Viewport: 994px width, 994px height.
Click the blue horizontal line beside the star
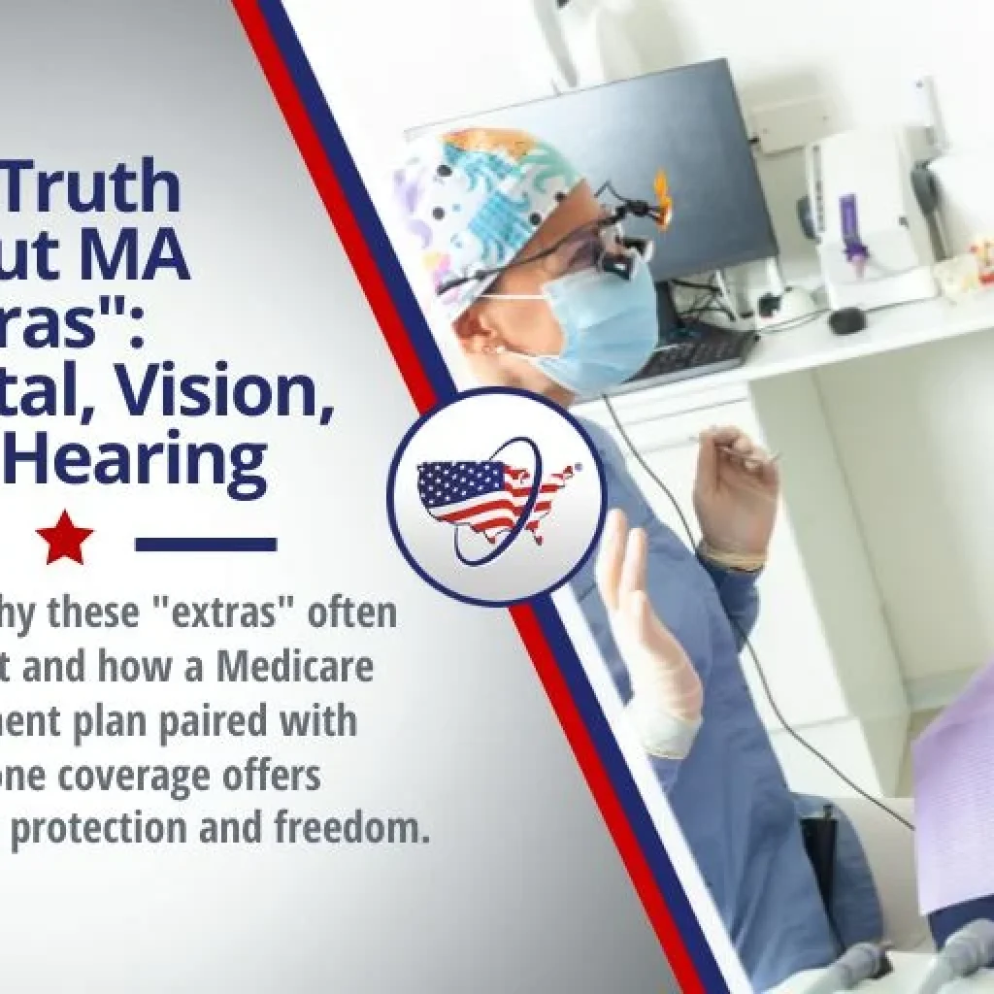point(206,544)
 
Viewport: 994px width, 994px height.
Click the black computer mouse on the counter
point(846,320)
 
